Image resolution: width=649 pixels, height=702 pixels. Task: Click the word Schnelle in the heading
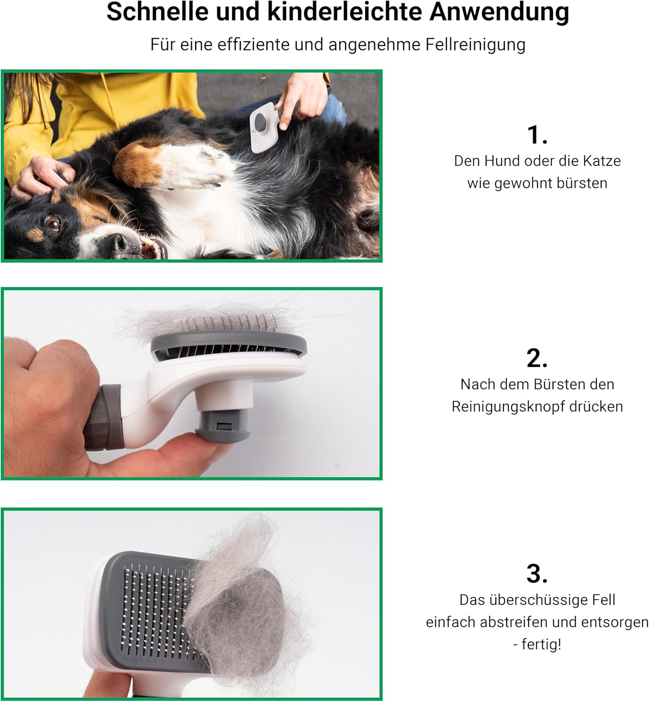157,12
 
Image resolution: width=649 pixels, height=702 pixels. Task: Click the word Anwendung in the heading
499,13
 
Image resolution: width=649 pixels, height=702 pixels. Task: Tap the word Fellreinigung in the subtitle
475,45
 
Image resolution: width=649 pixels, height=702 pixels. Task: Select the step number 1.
537,135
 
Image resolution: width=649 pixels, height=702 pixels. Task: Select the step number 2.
537,358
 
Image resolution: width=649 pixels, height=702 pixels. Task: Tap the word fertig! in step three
541,644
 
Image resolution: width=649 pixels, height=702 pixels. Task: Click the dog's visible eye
52,223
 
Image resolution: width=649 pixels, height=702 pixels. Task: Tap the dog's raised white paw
198,164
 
